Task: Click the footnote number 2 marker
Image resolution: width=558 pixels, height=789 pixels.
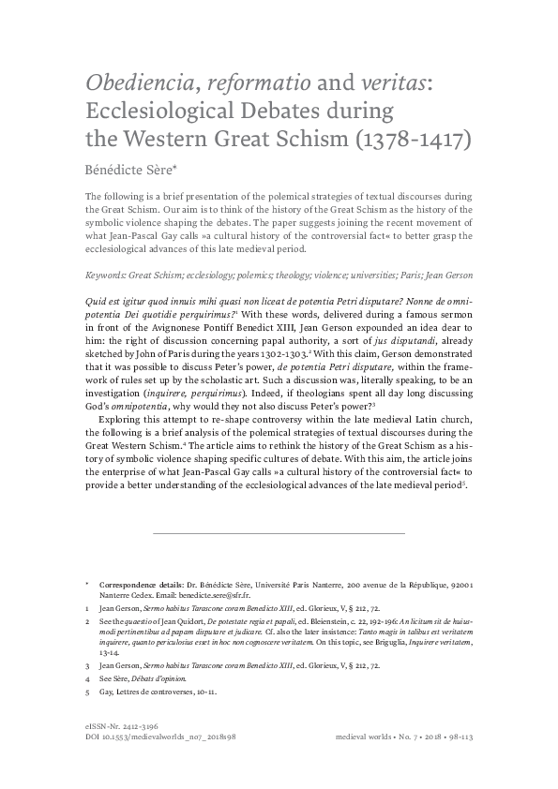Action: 87,622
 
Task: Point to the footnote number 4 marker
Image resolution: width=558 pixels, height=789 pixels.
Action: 87,677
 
